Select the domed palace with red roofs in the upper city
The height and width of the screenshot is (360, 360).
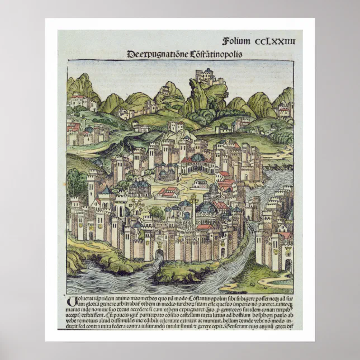(x=197, y=160)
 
